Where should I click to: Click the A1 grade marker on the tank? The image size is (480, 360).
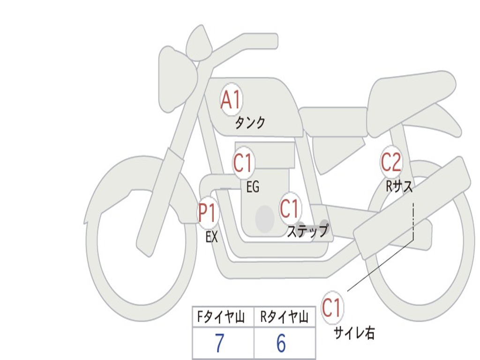coord(231,99)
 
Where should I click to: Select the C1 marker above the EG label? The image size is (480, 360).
coord(243,164)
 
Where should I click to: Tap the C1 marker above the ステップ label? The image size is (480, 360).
coord(289,209)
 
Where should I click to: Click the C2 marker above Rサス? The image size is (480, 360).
coord(391,162)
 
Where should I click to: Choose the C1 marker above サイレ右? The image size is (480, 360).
coord(332,308)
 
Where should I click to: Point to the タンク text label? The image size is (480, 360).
coord(250,123)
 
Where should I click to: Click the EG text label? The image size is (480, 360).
coord(253,187)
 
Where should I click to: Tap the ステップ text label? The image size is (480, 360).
coord(307,231)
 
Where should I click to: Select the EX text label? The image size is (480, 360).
coord(211,237)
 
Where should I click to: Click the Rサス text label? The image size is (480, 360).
coord(399,187)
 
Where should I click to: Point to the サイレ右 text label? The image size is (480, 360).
coord(354,333)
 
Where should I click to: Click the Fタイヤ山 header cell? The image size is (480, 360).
coord(220,318)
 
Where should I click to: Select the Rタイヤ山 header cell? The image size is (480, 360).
coord(284,318)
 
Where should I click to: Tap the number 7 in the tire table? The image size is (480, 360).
coord(219,344)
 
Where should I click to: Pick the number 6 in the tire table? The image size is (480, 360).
coord(281,344)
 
